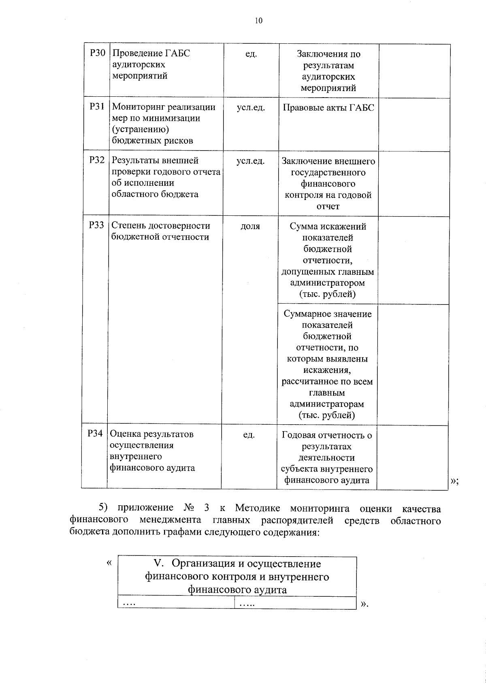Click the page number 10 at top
tap(258, 21)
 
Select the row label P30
tap(97, 53)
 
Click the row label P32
tap(97, 160)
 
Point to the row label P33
tap(96, 225)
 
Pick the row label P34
tap(95, 434)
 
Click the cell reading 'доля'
tap(250, 226)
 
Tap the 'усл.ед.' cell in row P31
tap(251, 108)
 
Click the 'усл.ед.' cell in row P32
tap(250, 161)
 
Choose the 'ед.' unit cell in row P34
tap(249, 435)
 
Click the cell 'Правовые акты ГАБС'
tap(328, 108)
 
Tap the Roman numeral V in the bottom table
tap(158, 563)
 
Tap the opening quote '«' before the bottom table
tap(109, 563)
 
